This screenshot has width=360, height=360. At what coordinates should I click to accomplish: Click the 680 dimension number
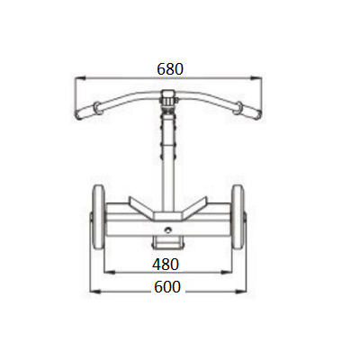[x=170, y=69]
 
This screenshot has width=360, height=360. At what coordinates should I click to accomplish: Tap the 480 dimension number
[x=166, y=265]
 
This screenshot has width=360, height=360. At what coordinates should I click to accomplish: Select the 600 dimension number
[x=167, y=286]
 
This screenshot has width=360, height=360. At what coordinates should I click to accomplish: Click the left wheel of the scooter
[x=98, y=217]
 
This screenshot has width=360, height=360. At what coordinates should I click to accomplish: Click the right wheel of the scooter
[x=238, y=217]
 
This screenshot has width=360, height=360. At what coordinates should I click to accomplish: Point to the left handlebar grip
[x=88, y=111]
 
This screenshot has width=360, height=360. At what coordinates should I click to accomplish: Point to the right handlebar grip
[x=248, y=111]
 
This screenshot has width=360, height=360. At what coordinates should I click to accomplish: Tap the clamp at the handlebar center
[x=169, y=98]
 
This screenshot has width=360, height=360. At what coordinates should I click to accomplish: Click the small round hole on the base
[x=168, y=230]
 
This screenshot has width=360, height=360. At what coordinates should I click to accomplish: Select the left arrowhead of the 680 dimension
[x=80, y=78]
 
